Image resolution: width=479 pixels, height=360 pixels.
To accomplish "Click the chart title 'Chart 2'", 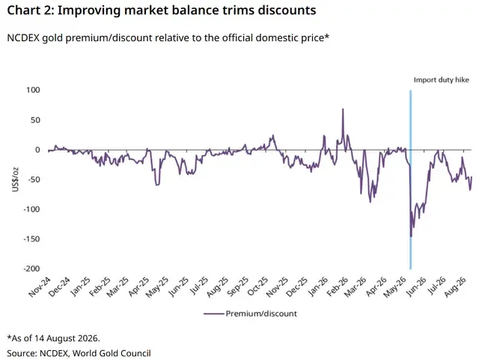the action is (30, 10).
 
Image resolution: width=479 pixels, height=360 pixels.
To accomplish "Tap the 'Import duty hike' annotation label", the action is (441, 80).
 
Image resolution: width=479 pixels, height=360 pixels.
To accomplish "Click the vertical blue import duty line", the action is (410, 180).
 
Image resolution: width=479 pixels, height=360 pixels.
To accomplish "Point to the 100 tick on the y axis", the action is (33, 90).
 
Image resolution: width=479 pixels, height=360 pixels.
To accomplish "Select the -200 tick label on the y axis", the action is (31, 269).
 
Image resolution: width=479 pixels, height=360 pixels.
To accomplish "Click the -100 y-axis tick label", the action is (31, 210).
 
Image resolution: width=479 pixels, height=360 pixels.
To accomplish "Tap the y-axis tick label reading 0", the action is (37, 150).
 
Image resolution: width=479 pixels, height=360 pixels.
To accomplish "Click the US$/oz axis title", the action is (15, 180).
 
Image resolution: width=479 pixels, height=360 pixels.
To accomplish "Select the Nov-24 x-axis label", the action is (40, 287).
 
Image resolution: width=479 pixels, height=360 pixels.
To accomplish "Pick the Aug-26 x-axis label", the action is (456, 287).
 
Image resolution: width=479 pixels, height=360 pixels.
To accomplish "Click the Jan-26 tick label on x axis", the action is (317, 287).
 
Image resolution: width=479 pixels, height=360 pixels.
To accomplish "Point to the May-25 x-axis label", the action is (156, 287).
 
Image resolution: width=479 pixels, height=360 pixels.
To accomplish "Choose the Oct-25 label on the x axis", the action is (257, 287).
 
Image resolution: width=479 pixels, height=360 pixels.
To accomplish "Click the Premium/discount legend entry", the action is (251, 314).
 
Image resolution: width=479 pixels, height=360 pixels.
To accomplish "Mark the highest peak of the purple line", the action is (343, 109).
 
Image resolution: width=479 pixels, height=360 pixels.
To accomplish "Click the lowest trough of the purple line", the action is (411, 237).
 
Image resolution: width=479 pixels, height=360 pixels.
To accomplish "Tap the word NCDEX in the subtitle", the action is (23, 38).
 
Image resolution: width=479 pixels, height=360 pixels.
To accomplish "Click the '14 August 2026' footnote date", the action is (67, 338).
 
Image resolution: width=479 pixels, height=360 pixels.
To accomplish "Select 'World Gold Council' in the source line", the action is (112, 353).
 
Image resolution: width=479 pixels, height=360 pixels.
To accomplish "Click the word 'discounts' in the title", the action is (287, 10).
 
